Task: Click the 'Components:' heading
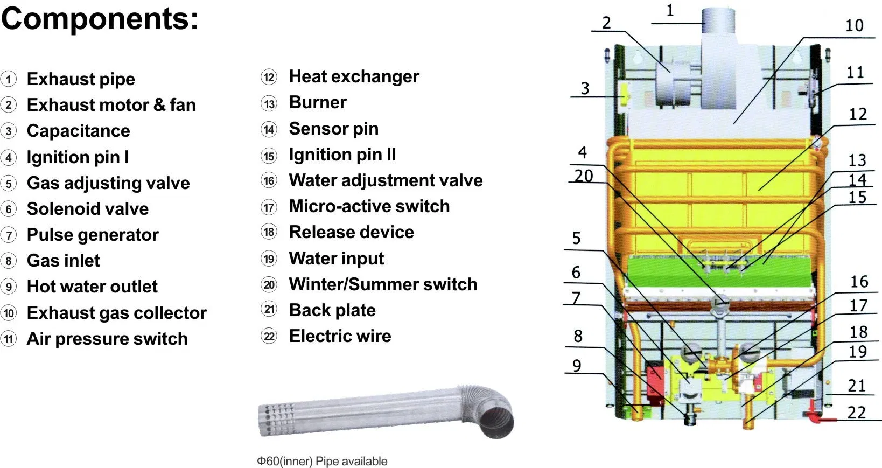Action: [100, 19]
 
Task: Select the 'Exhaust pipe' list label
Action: [81, 79]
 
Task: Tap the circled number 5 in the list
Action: [9, 183]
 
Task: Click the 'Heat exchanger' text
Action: [354, 76]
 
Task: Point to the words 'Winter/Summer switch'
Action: [383, 284]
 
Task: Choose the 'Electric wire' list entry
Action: [340, 336]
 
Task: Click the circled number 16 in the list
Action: [269, 180]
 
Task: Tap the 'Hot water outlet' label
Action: [92, 287]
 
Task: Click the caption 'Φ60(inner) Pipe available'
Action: [322, 461]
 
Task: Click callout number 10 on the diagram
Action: [854, 25]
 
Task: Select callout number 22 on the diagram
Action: [856, 413]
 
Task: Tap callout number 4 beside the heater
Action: [582, 152]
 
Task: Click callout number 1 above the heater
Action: [670, 11]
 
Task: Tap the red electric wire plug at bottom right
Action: [812, 416]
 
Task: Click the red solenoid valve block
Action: [655, 380]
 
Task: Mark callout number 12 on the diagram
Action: [858, 114]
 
